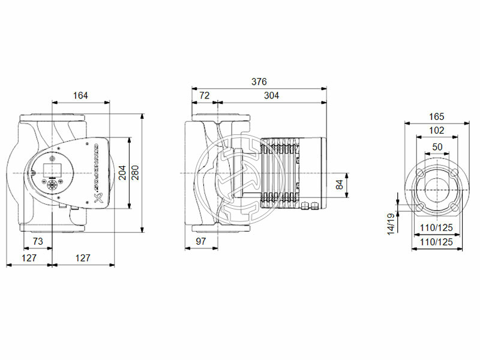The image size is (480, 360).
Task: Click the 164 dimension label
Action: pyautogui.click(x=80, y=95)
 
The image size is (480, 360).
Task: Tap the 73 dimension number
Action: pyautogui.click(x=37, y=241)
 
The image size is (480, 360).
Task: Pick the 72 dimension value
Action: pyautogui.click(x=204, y=95)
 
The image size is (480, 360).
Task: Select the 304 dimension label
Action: pyautogui.click(x=271, y=95)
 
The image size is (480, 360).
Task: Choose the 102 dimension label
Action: pyautogui.click(x=436, y=130)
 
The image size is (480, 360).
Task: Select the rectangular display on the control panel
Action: pyautogui.click(x=50, y=167)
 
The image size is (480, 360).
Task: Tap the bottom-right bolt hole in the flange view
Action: pyautogui.click(x=454, y=208)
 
